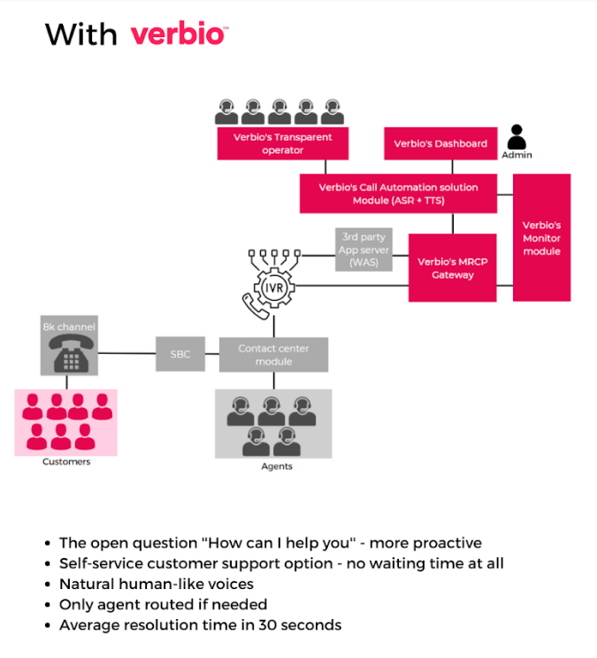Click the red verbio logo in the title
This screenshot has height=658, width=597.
click(x=179, y=34)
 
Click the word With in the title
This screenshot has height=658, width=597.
click(x=80, y=34)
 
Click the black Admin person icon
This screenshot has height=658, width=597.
click(x=517, y=138)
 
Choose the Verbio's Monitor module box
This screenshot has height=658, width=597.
click(x=541, y=238)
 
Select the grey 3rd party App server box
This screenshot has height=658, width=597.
click(x=364, y=250)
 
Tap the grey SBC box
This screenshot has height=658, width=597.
click(x=180, y=354)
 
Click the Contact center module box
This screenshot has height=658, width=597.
click(x=273, y=354)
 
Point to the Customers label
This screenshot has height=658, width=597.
click(x=67, y=462)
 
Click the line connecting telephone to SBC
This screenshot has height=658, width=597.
click(x=126, y=354)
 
